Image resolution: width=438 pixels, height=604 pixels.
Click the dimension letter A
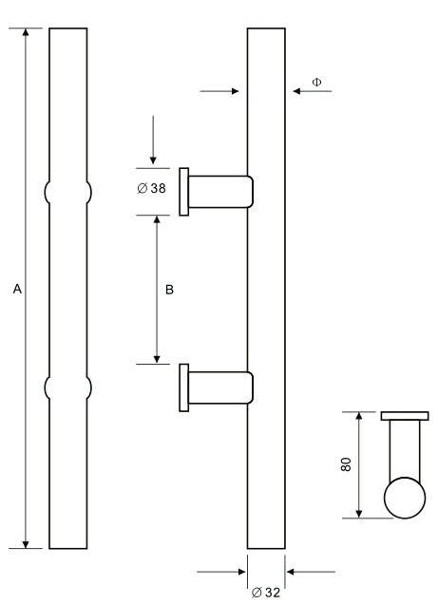click(x=17, y=289)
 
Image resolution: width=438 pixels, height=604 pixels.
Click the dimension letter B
click(x=169, y=290)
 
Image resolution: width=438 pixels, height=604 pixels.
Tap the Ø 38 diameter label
click(x=151, y=188)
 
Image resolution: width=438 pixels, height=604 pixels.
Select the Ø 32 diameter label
click(x=266, y=592)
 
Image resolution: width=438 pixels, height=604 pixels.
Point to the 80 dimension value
click(x=346, y=464)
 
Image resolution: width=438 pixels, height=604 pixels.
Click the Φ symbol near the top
click(x=316, y=82)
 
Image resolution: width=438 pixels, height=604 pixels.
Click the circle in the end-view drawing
click(x=405, y=498)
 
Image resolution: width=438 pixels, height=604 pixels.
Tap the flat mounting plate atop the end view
click(x=405, y=416)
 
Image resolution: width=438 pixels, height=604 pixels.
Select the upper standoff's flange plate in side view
click(x=184, y=192)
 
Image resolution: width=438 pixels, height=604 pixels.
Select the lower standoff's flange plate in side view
click(x=184, y=387)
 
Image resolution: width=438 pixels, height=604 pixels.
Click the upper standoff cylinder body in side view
click(x=220, y=192)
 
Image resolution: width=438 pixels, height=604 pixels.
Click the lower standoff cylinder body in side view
click(x=220, y=387)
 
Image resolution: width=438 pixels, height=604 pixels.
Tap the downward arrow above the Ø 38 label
click(x=153, y=140)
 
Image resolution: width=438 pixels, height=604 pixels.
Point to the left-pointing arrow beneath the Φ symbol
click(x=312, y=91)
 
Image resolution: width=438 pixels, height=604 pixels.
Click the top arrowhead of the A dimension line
click(x=26, y=32)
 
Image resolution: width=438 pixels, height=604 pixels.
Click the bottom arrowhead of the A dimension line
click(x=26, y=544)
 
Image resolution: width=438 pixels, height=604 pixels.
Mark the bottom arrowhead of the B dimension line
click(x=157, y=359)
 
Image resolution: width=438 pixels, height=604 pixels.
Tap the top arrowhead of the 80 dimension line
click(x=359, y=416)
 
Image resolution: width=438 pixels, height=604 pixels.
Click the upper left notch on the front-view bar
click(x=48, y=192)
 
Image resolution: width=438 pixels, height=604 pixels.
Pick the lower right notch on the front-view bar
click(x=89, y=387)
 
